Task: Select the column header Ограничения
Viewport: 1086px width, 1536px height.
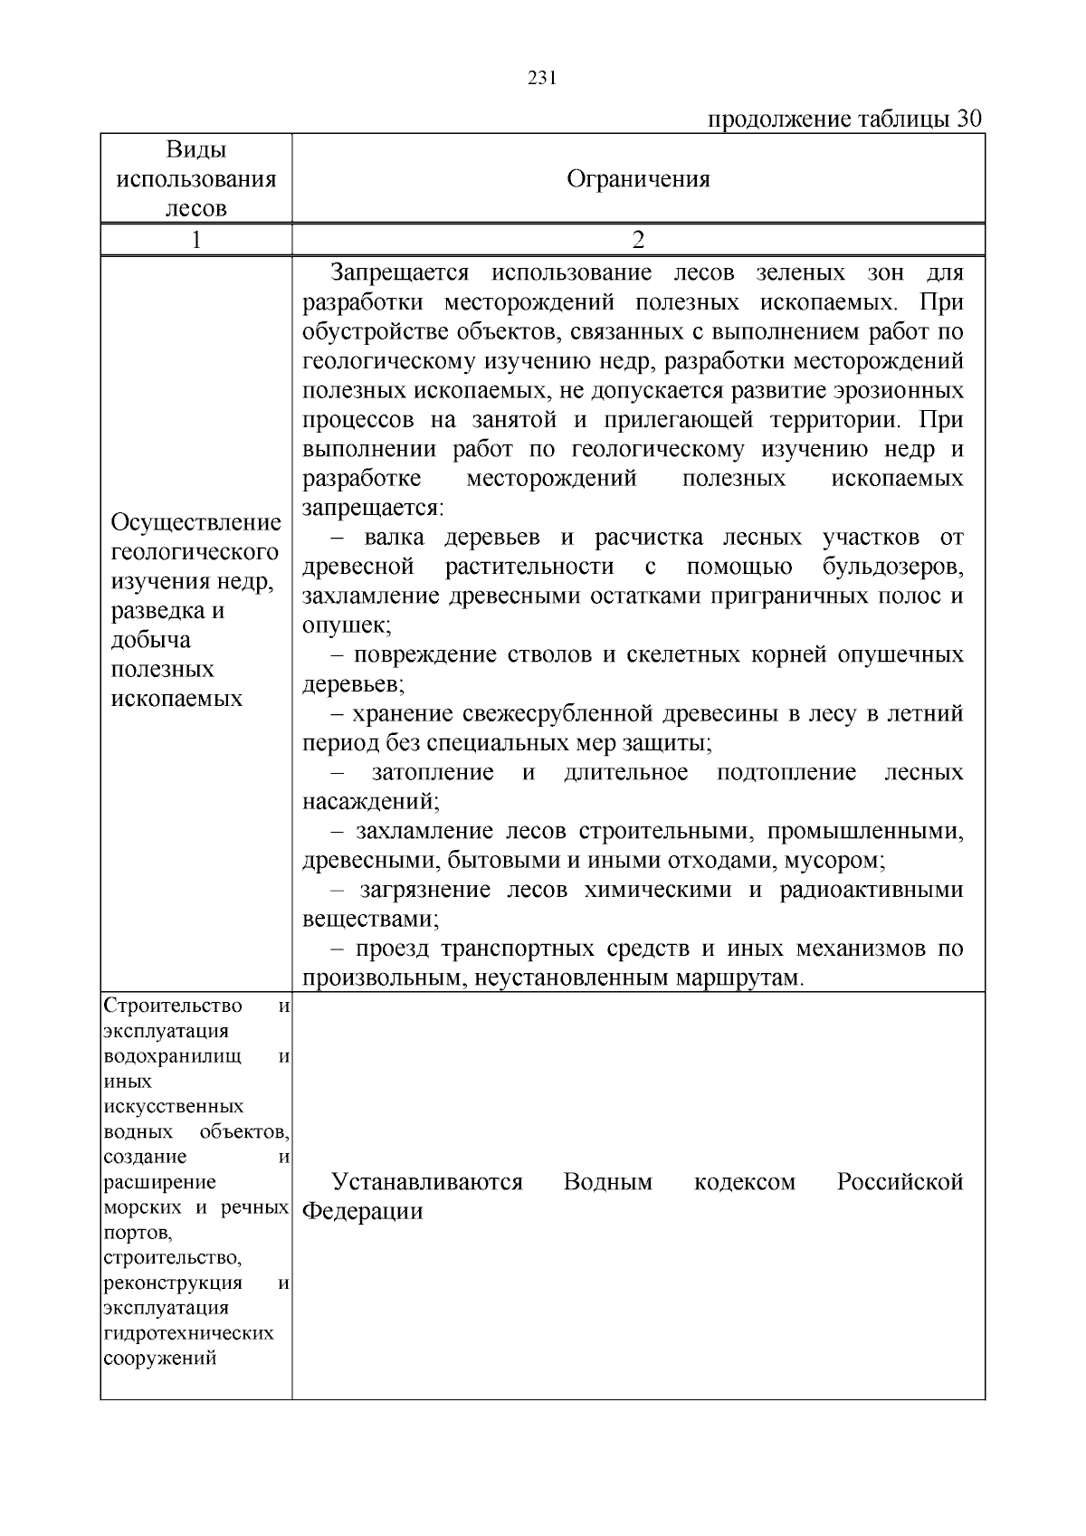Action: point(638,179)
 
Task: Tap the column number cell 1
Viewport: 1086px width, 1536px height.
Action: point(196,240)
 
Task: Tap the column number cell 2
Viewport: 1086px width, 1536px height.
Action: point(638,240)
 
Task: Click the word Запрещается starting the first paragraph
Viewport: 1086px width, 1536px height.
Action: point(399,273)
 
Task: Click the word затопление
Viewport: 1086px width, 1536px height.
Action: point(433,773)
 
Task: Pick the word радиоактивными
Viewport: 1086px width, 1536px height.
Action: point(872,891)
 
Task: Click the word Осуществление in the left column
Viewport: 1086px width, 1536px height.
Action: point(196,523)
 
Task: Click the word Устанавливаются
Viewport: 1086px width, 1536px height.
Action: point(427,1182)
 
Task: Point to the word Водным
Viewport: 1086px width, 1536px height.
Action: point(607,1182)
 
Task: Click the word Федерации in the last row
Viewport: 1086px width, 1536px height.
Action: point(362,1212)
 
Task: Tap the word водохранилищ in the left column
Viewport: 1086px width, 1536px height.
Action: point(173,1057)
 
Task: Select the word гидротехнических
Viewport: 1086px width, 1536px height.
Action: point(189,1333)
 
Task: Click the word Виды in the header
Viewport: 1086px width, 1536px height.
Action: point(196,150)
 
